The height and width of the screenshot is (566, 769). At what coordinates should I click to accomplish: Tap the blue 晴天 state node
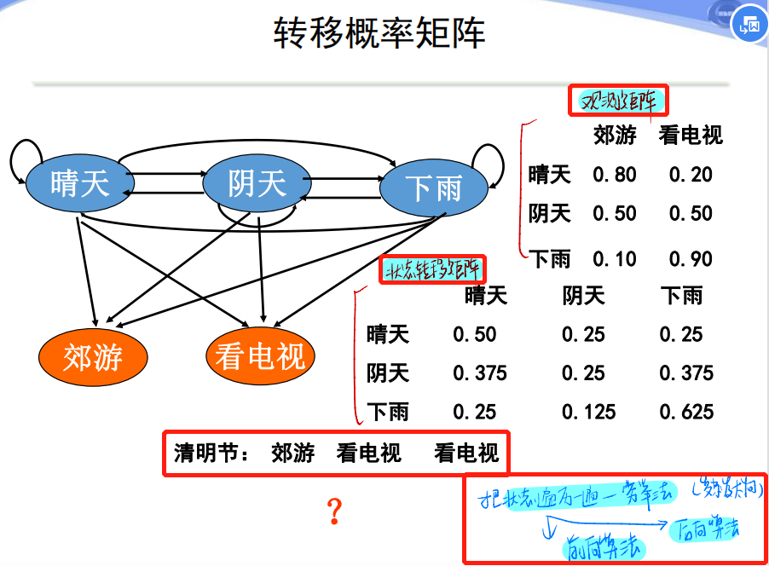80,183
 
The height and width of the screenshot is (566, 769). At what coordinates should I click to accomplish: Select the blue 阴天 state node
256,183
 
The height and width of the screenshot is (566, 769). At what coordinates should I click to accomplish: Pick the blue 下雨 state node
433,188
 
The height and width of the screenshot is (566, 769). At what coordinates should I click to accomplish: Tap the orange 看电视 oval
260,355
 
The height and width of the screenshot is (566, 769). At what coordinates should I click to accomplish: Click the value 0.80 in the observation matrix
615,175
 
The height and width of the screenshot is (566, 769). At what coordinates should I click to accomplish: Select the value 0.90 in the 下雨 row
691,258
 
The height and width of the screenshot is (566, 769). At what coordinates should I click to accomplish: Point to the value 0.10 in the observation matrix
615,258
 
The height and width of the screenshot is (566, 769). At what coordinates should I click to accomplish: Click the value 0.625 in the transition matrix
686,412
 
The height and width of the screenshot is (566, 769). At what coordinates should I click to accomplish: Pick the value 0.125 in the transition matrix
588,412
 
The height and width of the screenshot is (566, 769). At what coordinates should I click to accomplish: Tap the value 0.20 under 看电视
691,175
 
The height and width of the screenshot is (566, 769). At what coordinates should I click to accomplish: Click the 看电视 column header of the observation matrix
691,135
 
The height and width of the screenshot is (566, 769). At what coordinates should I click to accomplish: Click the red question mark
334,511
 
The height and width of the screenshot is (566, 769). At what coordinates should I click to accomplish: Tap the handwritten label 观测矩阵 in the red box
619,101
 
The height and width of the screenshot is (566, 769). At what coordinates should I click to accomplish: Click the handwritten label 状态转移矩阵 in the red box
432,271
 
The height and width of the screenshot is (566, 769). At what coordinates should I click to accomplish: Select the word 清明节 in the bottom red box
205,452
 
